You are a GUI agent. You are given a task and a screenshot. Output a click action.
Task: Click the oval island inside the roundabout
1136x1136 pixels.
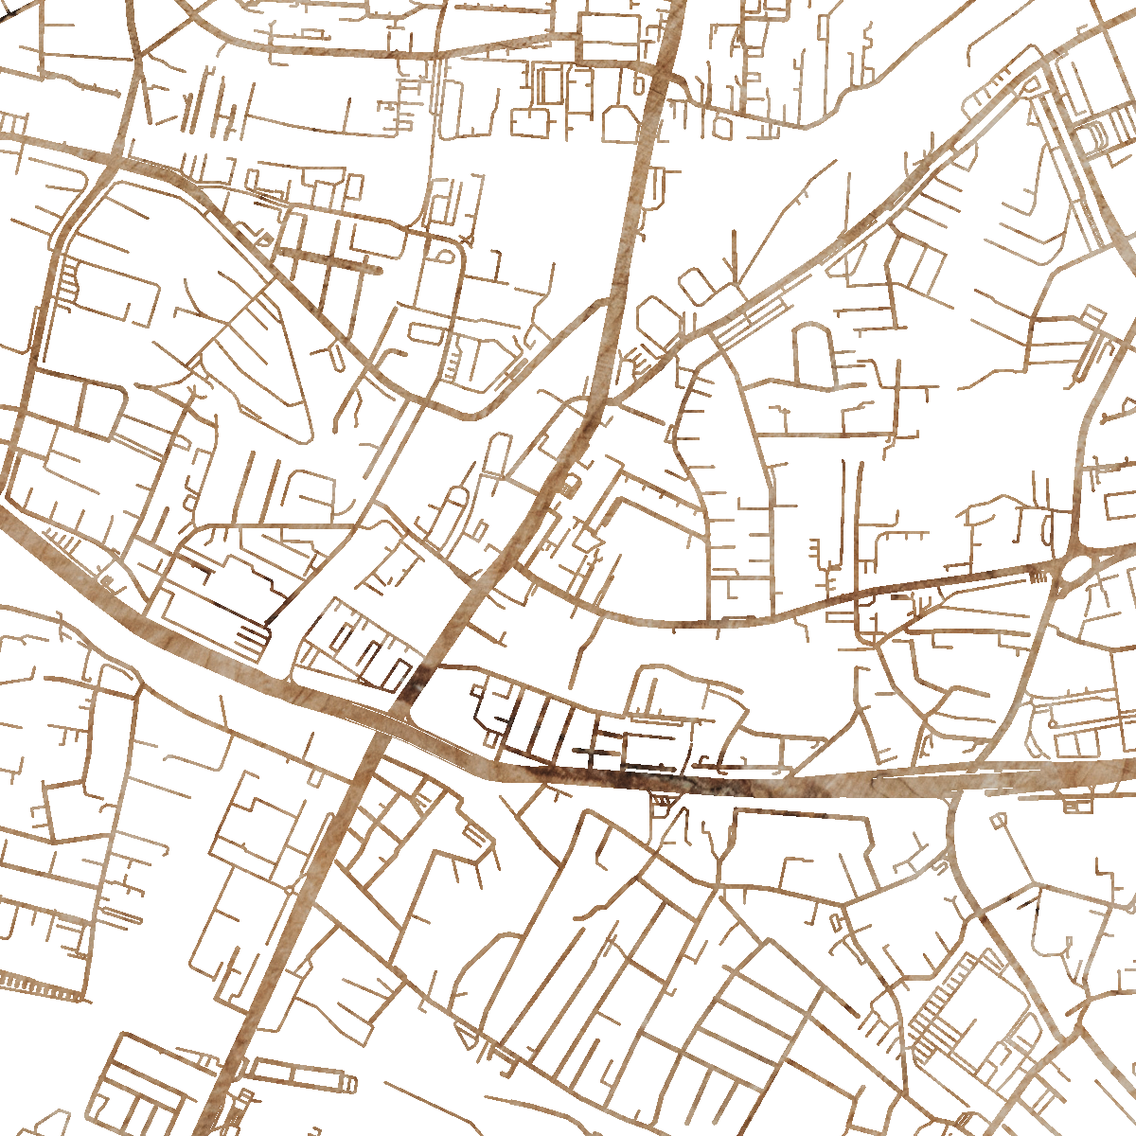1078,569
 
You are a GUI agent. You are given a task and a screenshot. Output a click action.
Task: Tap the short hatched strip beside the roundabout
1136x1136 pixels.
1039,575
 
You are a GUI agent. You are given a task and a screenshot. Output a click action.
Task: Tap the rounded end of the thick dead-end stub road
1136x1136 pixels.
377,270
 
